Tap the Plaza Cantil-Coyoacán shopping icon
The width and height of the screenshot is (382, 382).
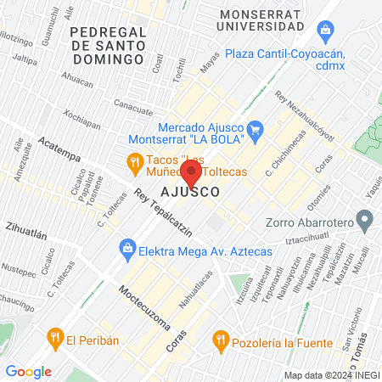click(324, 31)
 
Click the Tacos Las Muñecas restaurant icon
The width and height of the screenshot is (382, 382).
click(134, 161)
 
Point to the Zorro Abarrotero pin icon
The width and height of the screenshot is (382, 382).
click(365, 222)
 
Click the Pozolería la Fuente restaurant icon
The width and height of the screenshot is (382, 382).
click(221, 341)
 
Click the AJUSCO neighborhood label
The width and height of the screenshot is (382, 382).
click(190, 193)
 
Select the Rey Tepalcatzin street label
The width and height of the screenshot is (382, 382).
click(163, 213)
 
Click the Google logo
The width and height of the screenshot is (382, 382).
click(28, 371)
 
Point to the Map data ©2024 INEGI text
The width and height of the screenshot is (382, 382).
click(331, 375)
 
